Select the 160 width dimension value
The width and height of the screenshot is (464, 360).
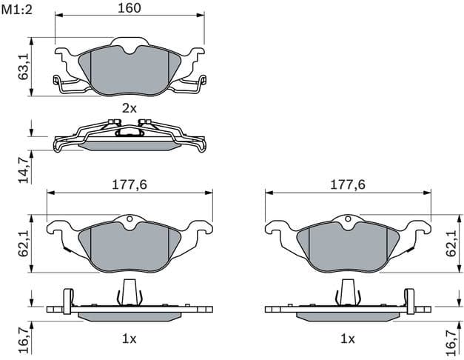click(130, 8)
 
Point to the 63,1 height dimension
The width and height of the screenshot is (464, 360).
click(24, 67)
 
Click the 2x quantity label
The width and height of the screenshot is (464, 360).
click(130, 108)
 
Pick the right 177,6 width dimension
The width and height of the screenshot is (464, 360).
click(349, 184)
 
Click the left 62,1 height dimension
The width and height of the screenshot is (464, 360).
click(24, 242)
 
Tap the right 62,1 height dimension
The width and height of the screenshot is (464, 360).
click(451, 242)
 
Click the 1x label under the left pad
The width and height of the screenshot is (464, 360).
click(130, 339)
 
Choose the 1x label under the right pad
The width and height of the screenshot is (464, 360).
click(348, 339)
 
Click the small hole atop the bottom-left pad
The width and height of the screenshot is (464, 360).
click(129, 219)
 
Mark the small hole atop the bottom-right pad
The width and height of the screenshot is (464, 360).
click(348, 219)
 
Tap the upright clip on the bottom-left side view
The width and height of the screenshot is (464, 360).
click(129, 292)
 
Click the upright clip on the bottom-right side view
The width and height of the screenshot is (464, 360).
click(348, 292)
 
